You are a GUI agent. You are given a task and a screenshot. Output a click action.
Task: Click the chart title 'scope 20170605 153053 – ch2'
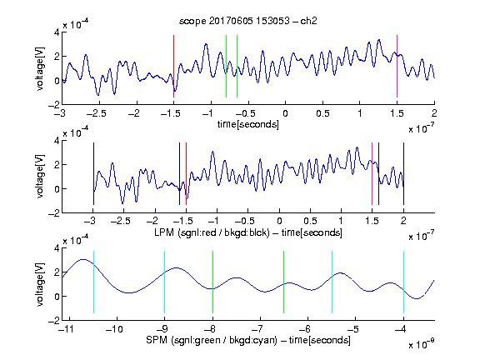coord(248,21)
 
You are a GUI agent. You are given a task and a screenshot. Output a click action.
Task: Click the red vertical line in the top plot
coord(173,66)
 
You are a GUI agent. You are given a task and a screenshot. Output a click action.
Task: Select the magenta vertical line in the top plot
coord(397,66)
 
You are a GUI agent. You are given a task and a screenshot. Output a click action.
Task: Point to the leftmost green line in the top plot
coord(226,66)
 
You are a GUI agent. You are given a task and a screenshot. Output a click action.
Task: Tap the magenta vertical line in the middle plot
coord(372,173)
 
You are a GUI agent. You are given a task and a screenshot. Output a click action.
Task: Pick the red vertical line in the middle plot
coord(186,173)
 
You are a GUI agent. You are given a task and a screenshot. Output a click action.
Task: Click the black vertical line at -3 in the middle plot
coord(93,173)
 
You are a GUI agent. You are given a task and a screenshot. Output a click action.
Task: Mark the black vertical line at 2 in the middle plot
coord(403,173)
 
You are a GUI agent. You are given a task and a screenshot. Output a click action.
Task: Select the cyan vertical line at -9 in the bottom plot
coord(164,282)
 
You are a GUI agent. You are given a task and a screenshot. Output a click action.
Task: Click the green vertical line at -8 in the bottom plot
coord(212,282)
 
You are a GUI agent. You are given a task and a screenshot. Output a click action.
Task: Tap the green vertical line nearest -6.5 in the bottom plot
coord(284,282)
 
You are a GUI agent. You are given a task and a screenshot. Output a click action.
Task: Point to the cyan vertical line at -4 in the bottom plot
coord(403,282)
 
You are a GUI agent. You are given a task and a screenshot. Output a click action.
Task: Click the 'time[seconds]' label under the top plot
coord(248,124)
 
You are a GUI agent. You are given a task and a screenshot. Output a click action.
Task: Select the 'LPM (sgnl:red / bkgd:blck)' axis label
coord(212,232)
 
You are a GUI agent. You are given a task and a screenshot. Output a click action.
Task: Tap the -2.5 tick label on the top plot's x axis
coord(96,113)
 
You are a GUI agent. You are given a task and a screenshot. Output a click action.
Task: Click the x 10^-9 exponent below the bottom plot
coord(422,344)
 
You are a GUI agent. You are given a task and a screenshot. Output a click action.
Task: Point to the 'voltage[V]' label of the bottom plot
coord(40,284)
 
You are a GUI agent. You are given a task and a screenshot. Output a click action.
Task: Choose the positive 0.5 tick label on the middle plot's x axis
coord(310,221)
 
